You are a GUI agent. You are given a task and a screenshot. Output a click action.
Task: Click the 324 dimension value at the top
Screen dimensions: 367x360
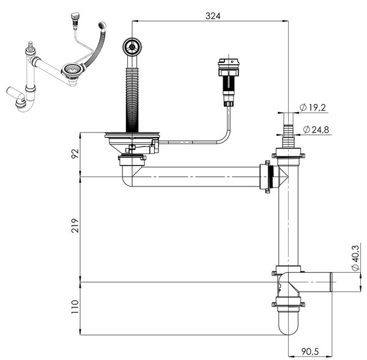tap(213, 16)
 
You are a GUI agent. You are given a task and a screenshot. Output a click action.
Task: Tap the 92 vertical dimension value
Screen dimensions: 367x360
tap(75, 153)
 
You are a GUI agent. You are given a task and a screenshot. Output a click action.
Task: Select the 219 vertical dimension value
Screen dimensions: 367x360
tap(75, 226)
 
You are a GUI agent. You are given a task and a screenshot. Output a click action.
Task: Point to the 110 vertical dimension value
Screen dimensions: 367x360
tap(75, 307)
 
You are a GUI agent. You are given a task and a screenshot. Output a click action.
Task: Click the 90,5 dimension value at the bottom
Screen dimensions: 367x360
tap(310, 351)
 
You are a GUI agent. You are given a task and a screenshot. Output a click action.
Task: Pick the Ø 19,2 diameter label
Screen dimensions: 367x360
tap(313, 108)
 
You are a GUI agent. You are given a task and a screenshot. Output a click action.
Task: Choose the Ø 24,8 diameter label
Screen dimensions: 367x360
tap(316, 130)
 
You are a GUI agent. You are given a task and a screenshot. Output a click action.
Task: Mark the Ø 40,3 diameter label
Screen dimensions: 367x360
tap(355, 258)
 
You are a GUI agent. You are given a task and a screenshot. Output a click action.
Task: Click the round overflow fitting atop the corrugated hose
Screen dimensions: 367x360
tap(132, 47)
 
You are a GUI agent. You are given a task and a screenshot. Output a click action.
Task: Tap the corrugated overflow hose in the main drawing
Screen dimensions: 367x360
tap(132, 100)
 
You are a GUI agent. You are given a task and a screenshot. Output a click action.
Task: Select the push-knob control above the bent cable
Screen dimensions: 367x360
tap(228, 82)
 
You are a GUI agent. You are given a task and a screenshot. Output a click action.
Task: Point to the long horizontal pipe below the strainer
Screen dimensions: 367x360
tap(196, 177)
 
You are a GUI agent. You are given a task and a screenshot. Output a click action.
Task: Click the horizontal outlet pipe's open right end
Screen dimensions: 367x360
tap(331, 282)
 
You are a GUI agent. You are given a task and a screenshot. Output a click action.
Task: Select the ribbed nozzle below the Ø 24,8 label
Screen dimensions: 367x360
tap(288, 137)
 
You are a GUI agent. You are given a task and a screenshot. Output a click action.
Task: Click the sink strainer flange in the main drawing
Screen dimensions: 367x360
tap(132, 134)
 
